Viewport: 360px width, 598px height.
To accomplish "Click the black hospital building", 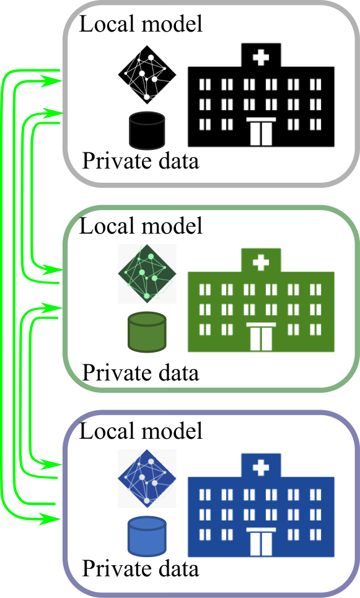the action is pyautogui.click(x=261, y=95).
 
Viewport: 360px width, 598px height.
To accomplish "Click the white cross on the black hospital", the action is pyautogui.click(x=261, y=58).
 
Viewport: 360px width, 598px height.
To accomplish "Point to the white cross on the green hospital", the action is pyautogui.click(x=261, y=263).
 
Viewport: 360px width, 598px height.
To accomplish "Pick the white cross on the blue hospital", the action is pyautogui.click(x=261, y=468).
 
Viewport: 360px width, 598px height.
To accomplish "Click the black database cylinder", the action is pyautogui.click(x=147, y=130).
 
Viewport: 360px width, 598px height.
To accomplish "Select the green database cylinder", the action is pyautogui.click(x=147, y=332).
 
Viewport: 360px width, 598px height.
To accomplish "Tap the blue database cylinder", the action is pyautogui.click(x=147, y=536).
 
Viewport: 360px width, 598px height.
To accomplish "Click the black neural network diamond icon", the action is pyautogui.click(x=147, y=74).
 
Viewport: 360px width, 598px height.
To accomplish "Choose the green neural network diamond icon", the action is pyautogui.click(x=147, y=274).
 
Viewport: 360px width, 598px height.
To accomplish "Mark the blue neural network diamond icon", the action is pyautogui.click(x=147, y=478).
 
